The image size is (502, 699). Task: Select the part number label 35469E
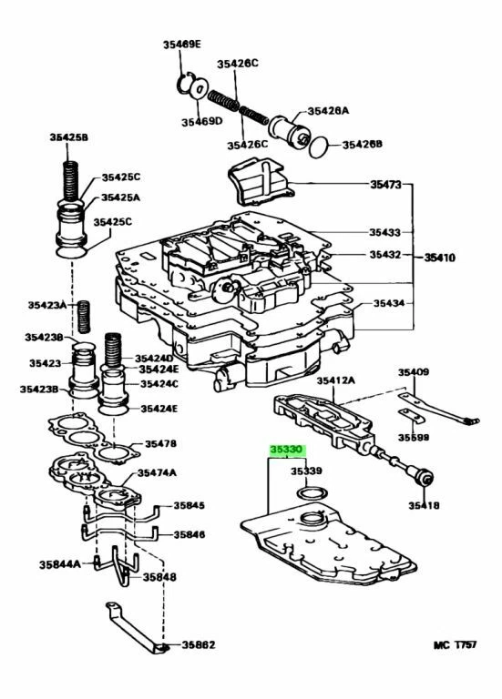click(x=182, y=44)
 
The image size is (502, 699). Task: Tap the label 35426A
click(x=328, y=111)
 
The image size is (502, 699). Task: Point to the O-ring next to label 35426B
click(x=316, y=143)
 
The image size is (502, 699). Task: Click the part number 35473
click(x=384, y=185)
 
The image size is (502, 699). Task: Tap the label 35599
click(x=414, y=437)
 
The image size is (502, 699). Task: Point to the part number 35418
click(x=425, y=504)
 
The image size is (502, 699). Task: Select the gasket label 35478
click(x=158, y=444)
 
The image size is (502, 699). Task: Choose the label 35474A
click(x=157, y=472)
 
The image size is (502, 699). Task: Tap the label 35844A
click(x=60, y=564)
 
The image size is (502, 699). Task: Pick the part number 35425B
click(x=68, y=137)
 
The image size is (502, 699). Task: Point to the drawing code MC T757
click(x=461, y=644)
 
